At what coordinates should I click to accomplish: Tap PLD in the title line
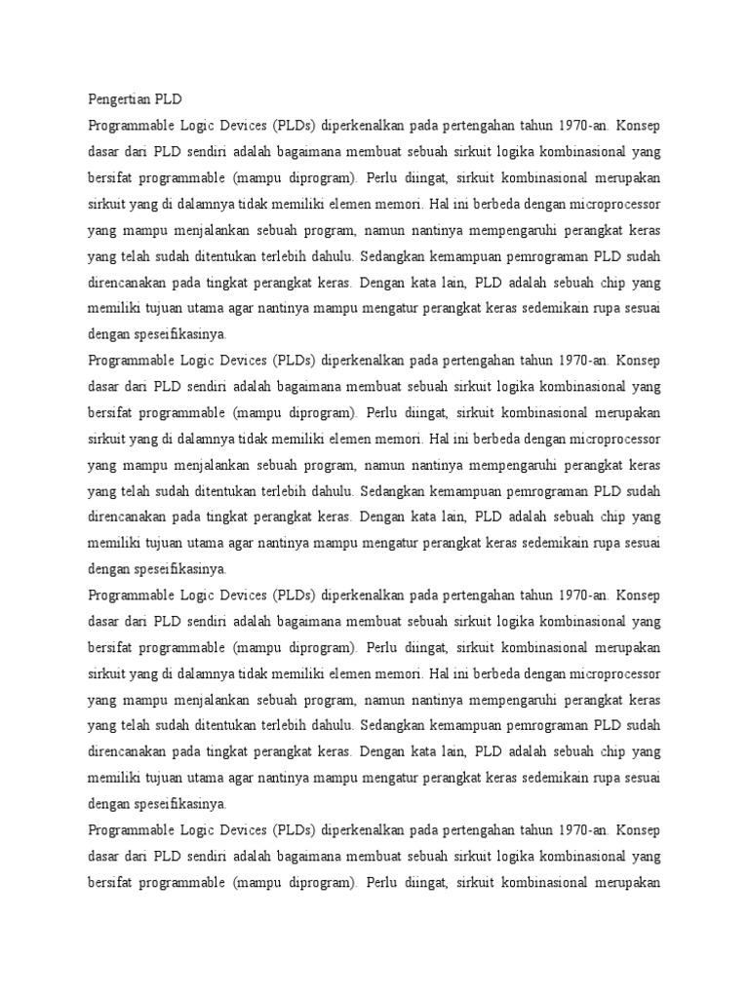coord(167,99)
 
